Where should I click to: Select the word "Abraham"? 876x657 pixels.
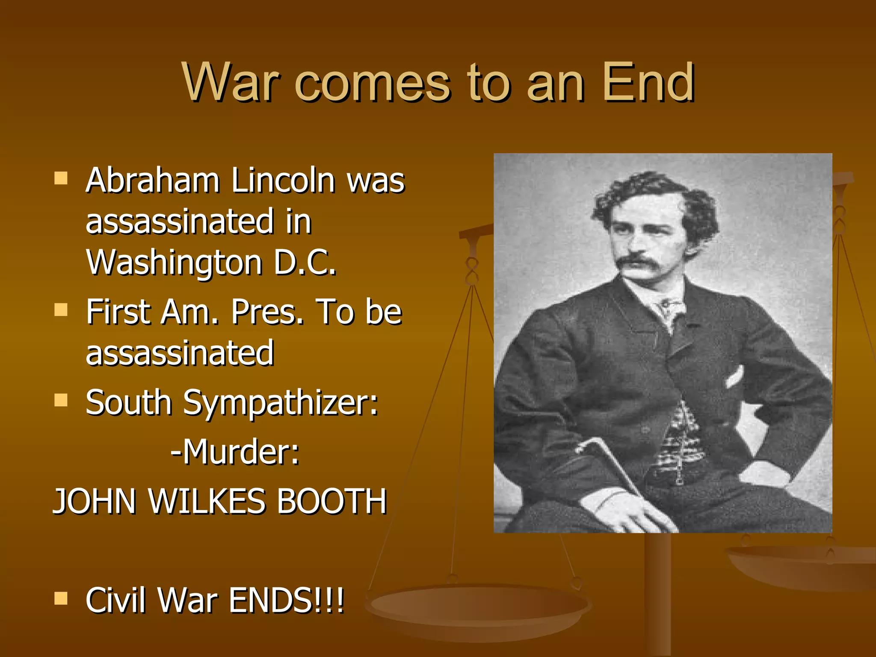(x=153, y=181)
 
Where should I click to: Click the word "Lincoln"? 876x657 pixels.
(x=283, y=181)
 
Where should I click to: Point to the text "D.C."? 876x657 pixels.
(x=305, y=262)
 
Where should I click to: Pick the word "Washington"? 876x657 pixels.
(x=174, y=263)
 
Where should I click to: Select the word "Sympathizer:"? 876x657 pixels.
(x=281, y=403)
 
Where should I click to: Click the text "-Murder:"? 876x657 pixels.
(x=235, y=452)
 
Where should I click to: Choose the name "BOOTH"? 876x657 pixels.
(x=332, y=501)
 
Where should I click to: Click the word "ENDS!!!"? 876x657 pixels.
(x=287, y=601)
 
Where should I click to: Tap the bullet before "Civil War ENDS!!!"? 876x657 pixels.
(x=61, y=599)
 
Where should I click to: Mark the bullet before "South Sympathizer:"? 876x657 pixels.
(x=61, y=400)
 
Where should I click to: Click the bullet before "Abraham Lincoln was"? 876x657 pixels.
(x=61, y=178)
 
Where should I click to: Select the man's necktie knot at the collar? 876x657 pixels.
(x=666, y=305)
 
